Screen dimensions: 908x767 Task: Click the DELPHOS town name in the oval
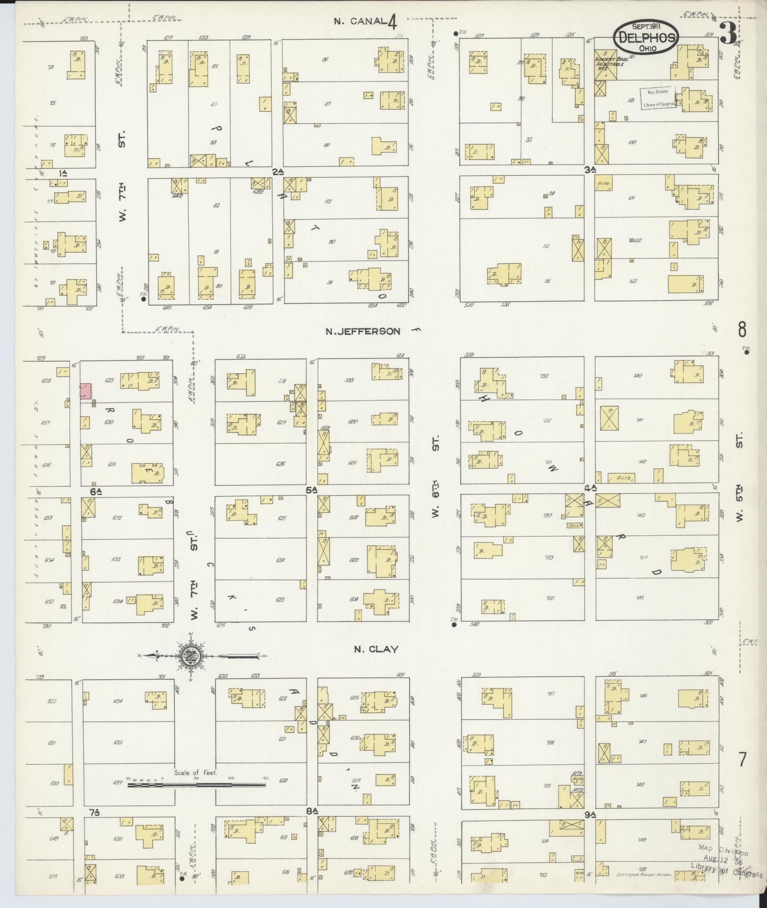(646, 37)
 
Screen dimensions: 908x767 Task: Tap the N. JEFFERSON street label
(363, 331)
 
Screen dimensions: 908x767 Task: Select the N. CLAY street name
(376, 649)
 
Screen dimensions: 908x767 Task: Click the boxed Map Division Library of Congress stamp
(658, 98)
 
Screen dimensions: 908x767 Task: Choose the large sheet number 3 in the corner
(730, 33)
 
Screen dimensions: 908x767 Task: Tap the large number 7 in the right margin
(743, 760)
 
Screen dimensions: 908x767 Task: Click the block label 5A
(311, 491)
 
